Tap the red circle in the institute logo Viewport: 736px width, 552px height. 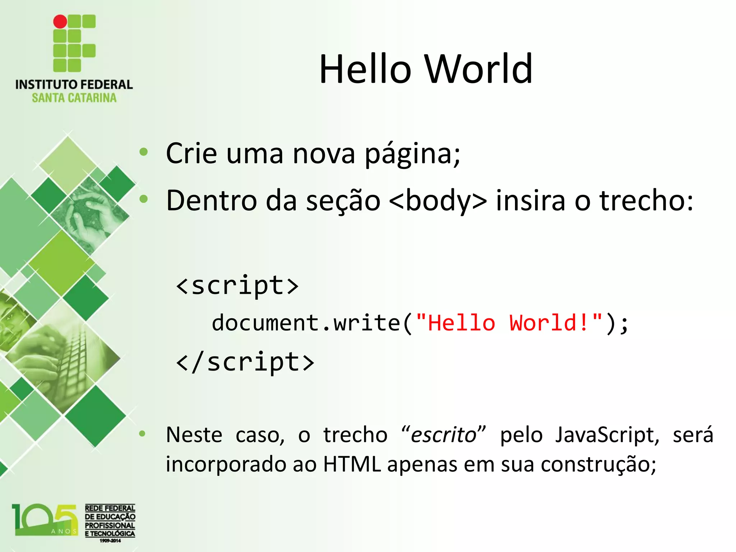pos(60,22)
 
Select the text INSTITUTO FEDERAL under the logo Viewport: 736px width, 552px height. pos(74,85)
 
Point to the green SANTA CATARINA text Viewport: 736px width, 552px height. pos(74,98)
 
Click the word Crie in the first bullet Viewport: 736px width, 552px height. pos(191,153)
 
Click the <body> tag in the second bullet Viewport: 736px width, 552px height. pos(438,201)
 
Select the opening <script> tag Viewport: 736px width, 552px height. pos(237,286)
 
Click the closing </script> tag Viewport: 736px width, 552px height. pos(245,362)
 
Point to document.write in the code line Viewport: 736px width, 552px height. pos(305,323)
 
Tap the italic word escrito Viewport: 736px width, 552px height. pos(443,435)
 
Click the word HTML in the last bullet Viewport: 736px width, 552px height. pos(351,464)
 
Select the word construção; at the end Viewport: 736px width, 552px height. pos(598,465)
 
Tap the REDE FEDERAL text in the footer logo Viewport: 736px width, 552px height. pos(110,508)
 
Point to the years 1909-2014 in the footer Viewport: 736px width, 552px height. pos(110,540)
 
